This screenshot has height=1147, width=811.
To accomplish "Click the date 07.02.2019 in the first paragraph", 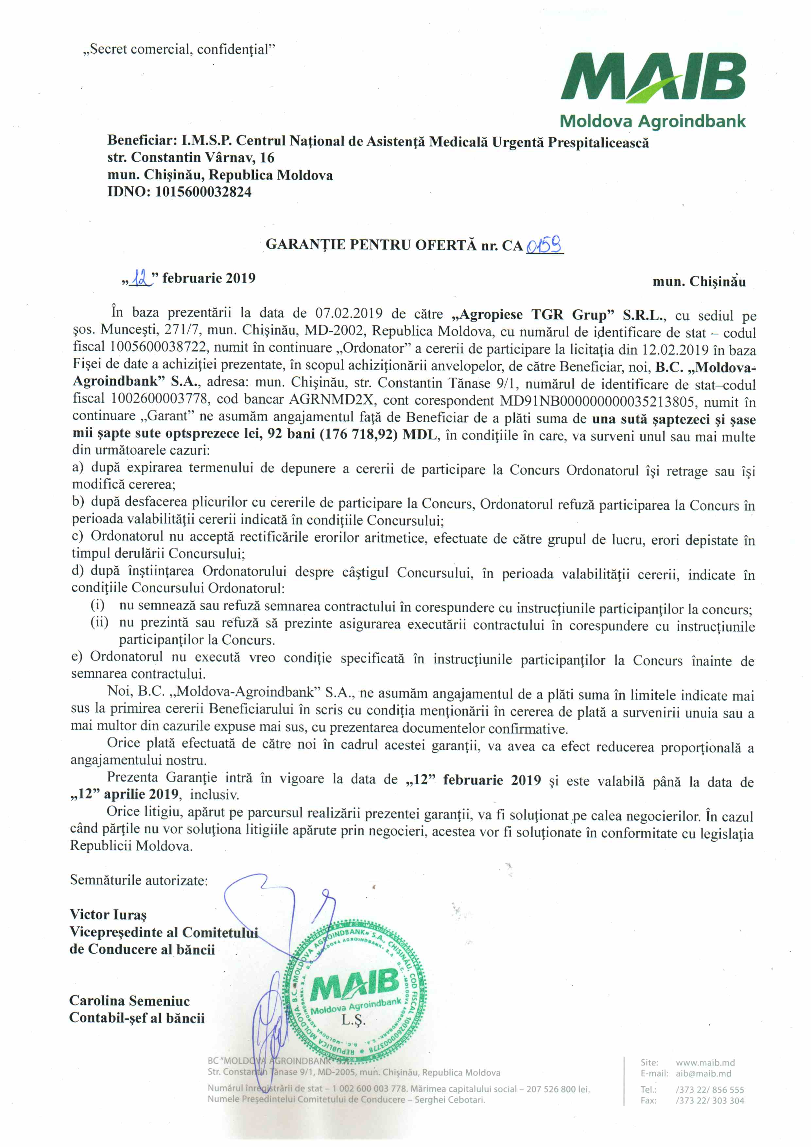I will click(x=349, y=314).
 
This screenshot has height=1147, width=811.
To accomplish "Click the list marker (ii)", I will click(x=99, y=622).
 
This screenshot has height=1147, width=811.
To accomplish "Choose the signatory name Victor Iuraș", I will click(x=108, y=915).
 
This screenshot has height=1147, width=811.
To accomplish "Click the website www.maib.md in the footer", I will click(x=705, y=1063).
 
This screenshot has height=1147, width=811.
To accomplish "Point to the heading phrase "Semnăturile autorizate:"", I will click(x=139, y=880).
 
